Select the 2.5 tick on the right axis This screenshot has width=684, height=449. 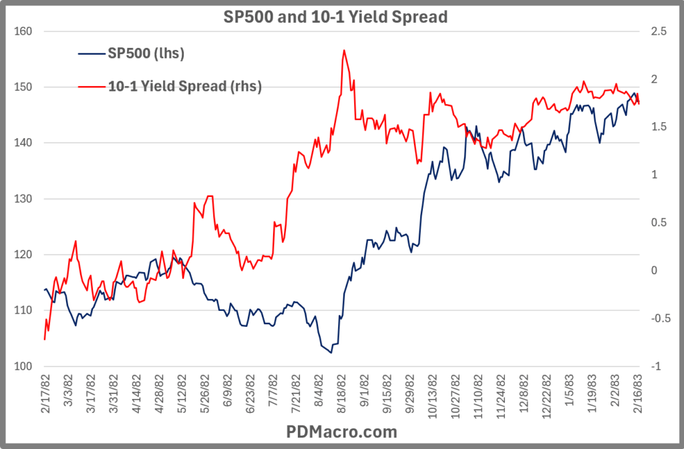coord(650,31)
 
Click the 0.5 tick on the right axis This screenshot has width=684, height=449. coord(650,222)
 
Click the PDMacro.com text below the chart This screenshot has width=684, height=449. coord(342,432)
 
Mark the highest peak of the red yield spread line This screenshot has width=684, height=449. coord(343,50)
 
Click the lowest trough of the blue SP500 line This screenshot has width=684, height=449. coord(331,353)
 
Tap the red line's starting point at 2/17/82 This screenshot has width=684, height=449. coord(45,340)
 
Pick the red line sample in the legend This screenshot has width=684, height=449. coord(89,86)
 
